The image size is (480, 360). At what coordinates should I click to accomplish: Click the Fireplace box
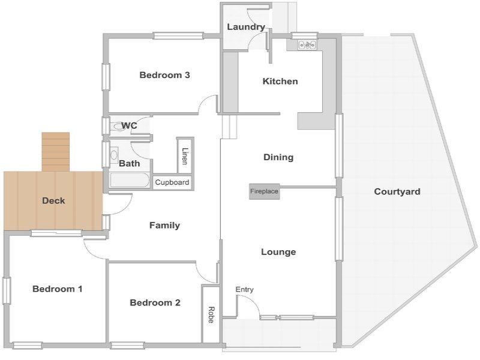click(265, 191)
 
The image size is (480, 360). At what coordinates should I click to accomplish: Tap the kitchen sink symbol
click(307, 45)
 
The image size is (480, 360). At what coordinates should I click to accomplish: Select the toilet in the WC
click(117, 126)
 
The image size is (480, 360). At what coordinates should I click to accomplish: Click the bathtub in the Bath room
click(130, 180)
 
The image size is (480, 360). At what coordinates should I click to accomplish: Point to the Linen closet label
click(185, 156)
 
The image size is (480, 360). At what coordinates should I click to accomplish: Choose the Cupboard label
click(172, 182)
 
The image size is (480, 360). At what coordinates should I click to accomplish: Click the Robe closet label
click(211, 314)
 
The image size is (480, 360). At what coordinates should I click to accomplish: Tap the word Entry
click(244, 290)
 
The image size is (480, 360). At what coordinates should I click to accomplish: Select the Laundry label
click(246, 27)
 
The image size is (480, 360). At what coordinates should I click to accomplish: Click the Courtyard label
click(397, 192)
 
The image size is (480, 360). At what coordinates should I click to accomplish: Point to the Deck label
click(53, 201)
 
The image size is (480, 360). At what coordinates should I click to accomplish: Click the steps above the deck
click(56, 152)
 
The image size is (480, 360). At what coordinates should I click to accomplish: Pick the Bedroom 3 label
click(164, 75)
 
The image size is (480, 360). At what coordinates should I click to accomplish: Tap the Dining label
click(278, 157)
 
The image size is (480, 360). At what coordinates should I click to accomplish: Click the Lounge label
click(278, 252)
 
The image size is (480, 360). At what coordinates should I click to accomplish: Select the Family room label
click(164, 226)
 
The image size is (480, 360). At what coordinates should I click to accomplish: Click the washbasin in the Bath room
click(114, 155)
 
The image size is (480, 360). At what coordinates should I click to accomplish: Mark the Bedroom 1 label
click(58, 289)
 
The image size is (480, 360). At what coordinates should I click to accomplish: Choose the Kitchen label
click(280, 82)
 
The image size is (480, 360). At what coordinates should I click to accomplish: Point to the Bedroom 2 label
click(155, 303)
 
